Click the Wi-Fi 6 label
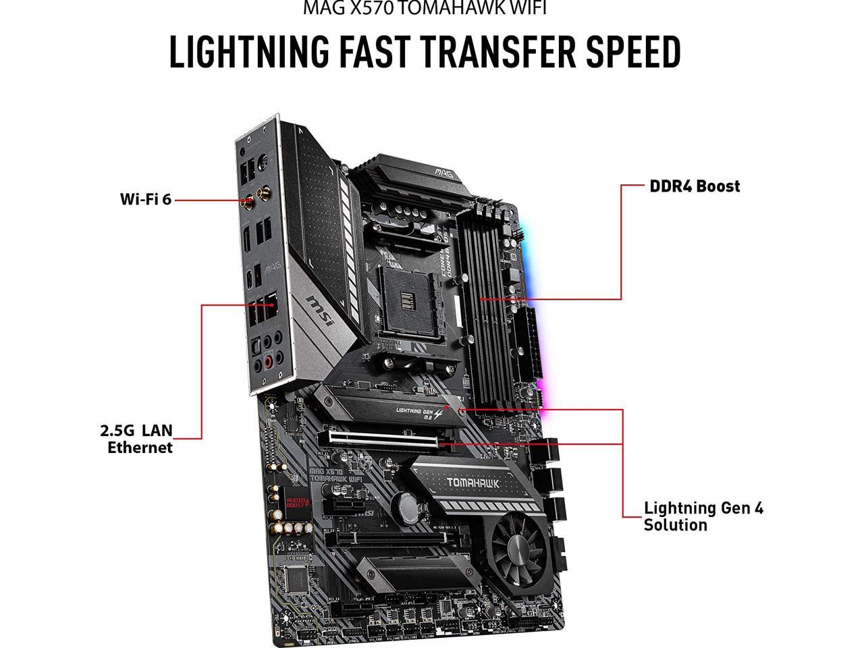(145, 199)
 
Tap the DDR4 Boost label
(695, 186)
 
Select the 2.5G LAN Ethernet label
(136, 439)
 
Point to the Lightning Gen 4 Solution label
(703, 516)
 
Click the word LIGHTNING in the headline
(249, 53)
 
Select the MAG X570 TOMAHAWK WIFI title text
(424, 8)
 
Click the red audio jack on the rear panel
(268, 362)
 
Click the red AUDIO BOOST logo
(295, 497)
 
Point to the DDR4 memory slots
(485, 297)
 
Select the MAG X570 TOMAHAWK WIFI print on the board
(335, 474)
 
